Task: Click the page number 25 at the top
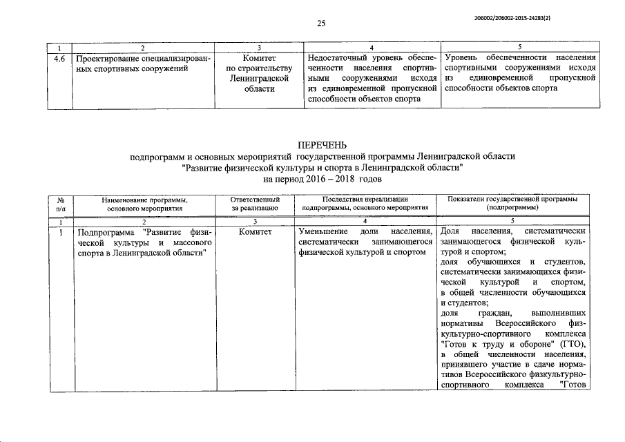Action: click(321, 23)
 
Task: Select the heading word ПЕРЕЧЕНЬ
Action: click(322, 146)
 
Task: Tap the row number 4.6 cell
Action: click(60, 58)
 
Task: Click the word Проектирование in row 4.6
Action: click(108, 58)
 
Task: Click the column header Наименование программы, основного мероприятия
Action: click(144, 202)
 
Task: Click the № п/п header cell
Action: click(60, 202)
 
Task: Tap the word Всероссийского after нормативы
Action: click(528, 324)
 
